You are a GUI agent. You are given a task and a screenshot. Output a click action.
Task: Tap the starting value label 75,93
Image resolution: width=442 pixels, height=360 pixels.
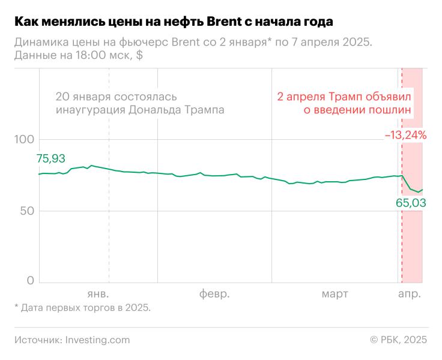[x=52, y=159]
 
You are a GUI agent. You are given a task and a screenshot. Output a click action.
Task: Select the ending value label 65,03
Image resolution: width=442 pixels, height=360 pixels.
[x=411, y=203]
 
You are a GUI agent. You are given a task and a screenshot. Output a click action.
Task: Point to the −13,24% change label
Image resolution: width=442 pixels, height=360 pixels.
[x=406, y=136]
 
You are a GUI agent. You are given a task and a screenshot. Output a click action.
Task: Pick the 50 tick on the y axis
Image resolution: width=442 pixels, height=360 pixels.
[x=28, y=211]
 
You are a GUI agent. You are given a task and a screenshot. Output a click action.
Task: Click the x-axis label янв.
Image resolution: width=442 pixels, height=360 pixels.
[x=98, y=294]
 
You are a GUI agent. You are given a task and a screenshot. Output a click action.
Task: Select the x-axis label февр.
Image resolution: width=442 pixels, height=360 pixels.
[x=214, y=294]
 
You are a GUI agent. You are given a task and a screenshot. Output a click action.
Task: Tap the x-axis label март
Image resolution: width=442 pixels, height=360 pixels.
[x=335, y=294]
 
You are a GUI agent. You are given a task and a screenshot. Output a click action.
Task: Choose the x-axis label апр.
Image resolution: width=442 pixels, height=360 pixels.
[x=410, y=294]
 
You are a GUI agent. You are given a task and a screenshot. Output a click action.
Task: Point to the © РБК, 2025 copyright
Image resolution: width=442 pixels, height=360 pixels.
[x=399, y=340]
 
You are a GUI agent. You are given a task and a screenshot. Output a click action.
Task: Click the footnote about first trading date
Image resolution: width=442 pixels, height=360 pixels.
[x=82, y=308]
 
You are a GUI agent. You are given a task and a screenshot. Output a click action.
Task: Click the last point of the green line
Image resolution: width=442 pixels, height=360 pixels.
[x=422, y=190]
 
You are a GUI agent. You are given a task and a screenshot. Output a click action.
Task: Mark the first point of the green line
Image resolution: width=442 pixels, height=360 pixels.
[x=39, y=174]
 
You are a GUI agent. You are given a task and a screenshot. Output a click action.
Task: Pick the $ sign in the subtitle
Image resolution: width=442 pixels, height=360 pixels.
[x=139, y=55]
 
